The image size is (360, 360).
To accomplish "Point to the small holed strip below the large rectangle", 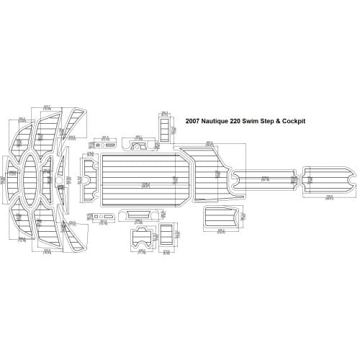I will coord(104,196).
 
